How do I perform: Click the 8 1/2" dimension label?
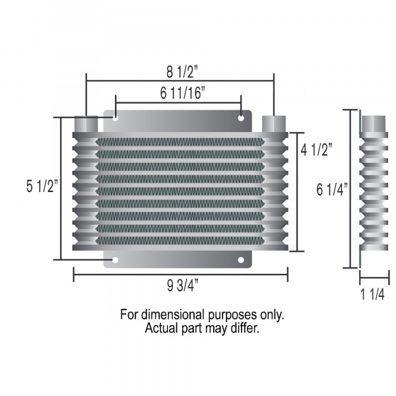coord(182,72)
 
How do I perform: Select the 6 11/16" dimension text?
coord(182,93)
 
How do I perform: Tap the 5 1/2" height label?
coord(42,186)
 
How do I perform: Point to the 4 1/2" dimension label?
coord(316,150)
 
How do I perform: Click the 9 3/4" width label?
coord(183,286)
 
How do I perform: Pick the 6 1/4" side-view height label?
coord(332,189)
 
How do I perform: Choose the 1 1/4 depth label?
coord(372,294)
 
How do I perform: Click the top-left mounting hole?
coord(115,118)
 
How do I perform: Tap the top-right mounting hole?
coord(241,118)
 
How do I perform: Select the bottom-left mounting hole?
coord(115,260)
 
